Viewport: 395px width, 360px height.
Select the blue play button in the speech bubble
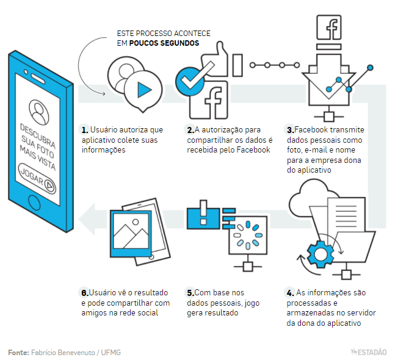pyautogui.click(x=144, y=90)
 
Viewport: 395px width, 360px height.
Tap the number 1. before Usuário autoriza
pyautogui.click(x=84, y=130)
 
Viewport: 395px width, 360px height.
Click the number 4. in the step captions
pyautogui.click(x=290, y=292)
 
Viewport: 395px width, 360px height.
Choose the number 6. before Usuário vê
pyautogui.click(x=85, y=292)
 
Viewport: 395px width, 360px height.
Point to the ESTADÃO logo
pyautogui.click(x=369, y=351)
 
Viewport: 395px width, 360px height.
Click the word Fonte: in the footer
pyautogui.click(x=18, y=352)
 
